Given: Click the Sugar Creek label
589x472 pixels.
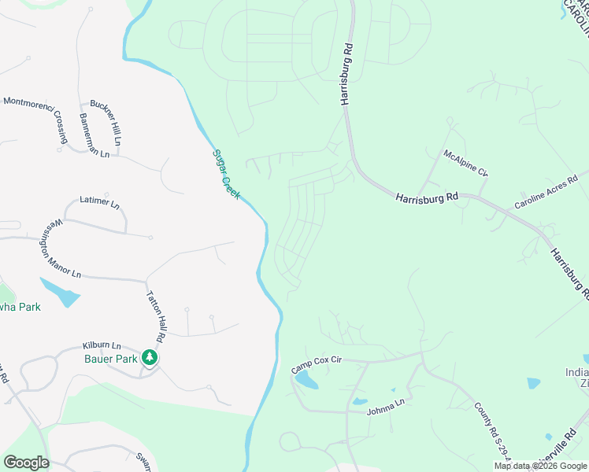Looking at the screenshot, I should point(226,173).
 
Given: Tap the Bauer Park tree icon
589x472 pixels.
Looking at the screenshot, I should point(150,358).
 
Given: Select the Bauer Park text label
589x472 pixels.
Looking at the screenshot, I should point(110,359).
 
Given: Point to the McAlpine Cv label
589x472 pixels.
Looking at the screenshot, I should point(465,162).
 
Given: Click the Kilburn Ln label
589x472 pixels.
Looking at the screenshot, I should point(102,345).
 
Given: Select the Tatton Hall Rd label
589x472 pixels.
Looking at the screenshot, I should point(155,315).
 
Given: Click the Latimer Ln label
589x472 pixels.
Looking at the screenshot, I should point(99,202).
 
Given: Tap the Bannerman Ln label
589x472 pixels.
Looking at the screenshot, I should point(94,135).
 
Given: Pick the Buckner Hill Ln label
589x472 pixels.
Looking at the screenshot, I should point(106,122).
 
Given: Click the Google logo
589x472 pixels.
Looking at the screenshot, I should point(26,462).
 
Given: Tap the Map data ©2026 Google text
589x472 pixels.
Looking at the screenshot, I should point(539,466).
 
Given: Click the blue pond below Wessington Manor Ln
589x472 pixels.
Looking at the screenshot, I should point(61,292).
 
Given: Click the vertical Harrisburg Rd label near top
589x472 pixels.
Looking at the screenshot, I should point(346,75).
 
